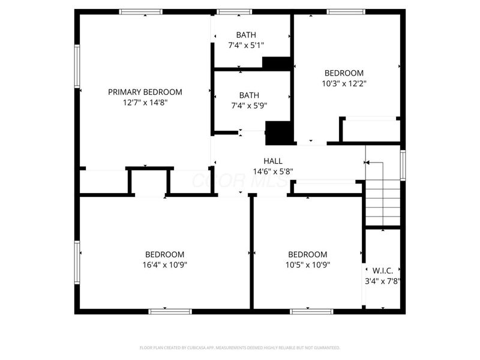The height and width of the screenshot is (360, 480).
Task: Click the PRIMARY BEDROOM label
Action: click(145, 92)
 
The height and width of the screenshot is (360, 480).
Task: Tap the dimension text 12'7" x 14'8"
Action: click(145, 102)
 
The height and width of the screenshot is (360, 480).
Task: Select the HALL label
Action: click(273, 161)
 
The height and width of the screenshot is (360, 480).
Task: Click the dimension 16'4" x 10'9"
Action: click(164, 265)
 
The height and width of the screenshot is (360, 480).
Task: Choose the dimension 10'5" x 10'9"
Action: click(307, 265)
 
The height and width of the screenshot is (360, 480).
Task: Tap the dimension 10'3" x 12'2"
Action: click(344, 83)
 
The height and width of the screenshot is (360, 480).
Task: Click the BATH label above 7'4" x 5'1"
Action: click(246, 35)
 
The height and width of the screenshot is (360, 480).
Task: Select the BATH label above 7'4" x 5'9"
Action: click(249, 95)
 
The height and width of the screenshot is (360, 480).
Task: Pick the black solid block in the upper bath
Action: click(277, 63)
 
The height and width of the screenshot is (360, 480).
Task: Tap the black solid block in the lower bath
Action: click(278, 133)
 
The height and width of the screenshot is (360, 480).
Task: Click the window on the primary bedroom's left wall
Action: click(77, 66)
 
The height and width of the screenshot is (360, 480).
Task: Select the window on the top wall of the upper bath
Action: click(235, 11)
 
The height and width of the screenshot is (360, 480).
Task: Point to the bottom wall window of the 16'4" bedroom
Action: click(170, 311)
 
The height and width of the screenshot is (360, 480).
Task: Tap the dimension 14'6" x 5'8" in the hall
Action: click(273, 171)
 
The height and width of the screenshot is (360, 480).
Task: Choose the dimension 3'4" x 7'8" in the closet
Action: click(383, 280)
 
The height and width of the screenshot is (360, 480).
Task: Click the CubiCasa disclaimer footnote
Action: click(240, 347)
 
